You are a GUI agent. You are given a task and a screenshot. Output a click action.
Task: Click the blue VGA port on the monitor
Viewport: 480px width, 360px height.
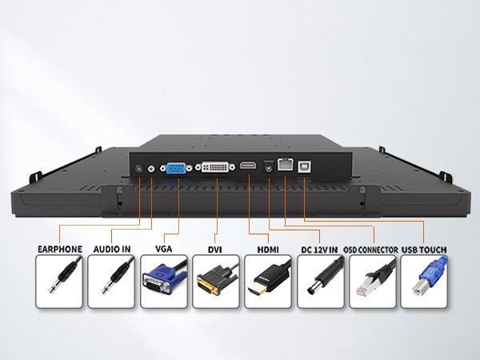point(176,168)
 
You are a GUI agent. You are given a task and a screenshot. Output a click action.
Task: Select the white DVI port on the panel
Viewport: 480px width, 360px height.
point(215,167)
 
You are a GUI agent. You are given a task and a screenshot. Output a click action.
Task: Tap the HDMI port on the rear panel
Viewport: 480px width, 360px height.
point(248,166)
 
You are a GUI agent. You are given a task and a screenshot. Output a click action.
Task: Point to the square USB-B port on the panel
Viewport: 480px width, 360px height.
point(305,167)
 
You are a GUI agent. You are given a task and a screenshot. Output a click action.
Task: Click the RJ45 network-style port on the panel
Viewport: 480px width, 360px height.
point(286,164)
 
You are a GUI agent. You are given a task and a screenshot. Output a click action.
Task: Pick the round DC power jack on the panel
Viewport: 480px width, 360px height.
point(269,167)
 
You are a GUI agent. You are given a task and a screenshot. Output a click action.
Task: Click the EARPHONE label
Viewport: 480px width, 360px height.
point(60,249)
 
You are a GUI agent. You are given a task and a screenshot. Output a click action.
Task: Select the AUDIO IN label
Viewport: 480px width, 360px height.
point(112,249)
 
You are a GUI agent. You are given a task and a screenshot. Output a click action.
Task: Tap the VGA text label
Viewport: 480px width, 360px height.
point(164,249)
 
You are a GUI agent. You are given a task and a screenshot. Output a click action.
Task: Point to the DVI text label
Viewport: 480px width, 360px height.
point(215,250)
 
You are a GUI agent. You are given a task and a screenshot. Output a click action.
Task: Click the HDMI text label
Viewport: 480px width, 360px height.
point(268,250)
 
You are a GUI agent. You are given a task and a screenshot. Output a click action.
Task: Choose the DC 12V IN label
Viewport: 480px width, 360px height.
point(319,250)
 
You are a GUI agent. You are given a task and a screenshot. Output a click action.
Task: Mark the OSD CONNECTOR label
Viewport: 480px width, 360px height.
point(370,250)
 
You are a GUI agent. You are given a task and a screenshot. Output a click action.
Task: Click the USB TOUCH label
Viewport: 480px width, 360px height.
point(424,250)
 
